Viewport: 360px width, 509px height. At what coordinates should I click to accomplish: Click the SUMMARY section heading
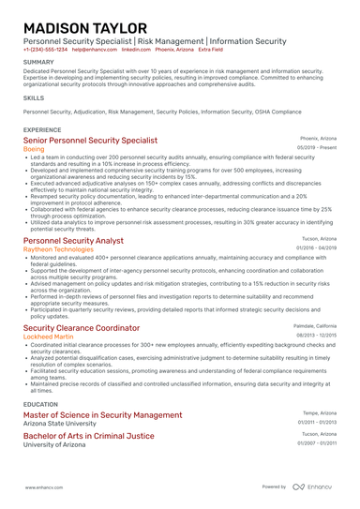[x=39, y=64]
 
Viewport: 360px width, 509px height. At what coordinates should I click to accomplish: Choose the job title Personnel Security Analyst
[x=78, y=241]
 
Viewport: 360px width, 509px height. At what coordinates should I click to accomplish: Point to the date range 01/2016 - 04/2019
[x=315, y=249]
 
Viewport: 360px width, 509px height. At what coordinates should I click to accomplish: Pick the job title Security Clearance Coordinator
[x=82, y=328]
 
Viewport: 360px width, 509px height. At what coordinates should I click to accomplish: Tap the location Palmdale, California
[x=313, y=326]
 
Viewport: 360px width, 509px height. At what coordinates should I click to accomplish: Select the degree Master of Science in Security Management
[x=103, y=414]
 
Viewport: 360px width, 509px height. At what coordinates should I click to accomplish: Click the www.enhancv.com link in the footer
[x=44, y=487]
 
